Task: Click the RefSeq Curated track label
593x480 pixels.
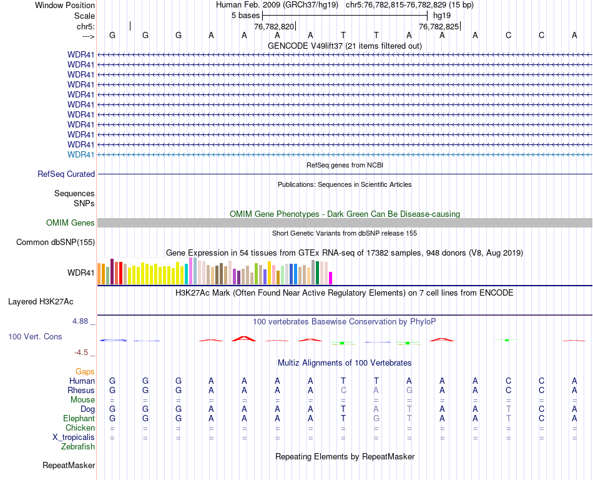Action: point(66,174)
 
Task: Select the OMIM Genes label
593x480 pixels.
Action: point(71,223)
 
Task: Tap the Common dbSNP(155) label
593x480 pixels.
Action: point(56,242)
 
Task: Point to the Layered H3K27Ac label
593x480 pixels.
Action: point(41,301)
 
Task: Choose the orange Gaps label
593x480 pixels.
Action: point(85,372)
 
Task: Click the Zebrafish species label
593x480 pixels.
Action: point(78,447)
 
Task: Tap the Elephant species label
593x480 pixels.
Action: point(79,419)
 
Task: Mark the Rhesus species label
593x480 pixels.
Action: point(81,391)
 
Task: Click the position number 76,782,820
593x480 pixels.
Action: point(274,27)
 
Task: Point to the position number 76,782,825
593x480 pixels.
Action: point(439,27)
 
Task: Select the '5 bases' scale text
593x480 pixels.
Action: point(245,14)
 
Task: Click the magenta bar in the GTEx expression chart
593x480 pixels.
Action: point(331,277)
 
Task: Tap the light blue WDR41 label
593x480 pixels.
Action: point(81,154)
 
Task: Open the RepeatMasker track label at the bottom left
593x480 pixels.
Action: point(69,466)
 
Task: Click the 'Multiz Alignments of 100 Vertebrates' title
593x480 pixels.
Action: point(345,363)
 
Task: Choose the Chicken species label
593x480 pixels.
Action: point(80,428)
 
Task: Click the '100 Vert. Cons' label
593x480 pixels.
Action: point(35,337)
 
